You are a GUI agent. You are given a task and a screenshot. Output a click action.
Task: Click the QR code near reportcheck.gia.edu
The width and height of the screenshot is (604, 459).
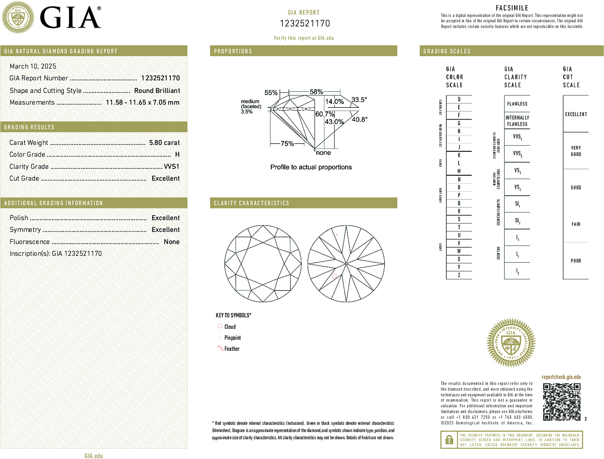click(561, 402)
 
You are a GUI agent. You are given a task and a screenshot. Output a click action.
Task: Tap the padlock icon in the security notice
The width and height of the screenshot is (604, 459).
click(449, 440)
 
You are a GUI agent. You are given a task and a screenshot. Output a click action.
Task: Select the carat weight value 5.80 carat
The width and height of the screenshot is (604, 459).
click(164, 143)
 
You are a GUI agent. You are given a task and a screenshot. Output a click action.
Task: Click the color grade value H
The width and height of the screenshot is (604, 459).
click(177, 155)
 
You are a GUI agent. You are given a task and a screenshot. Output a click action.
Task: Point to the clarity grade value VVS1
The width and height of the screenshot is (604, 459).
click(171, 167)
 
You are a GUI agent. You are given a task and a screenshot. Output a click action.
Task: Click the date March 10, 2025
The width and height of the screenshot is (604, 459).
click(33, 66)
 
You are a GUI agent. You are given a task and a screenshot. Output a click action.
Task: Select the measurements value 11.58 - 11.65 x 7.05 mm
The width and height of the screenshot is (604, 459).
click(143, 103)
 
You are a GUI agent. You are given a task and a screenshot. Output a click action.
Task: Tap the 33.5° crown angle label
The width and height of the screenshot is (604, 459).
click(359, 100)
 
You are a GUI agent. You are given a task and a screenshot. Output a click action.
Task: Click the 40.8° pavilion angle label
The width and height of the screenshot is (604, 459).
click(360, 119)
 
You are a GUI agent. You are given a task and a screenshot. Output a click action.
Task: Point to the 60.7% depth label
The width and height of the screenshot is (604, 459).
click(324, 114)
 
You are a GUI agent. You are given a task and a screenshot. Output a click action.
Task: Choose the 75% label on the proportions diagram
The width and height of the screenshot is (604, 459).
click(287, 144)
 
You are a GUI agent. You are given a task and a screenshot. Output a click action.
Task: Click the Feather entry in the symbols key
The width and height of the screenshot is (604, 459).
click(232, 349)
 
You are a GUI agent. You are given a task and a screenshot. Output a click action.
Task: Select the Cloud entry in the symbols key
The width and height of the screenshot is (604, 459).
click(230, 327)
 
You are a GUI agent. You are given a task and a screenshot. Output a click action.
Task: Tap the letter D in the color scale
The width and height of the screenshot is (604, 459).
click(459, 99)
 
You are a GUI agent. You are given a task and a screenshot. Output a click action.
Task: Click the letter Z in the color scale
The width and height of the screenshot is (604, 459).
click(459, 275)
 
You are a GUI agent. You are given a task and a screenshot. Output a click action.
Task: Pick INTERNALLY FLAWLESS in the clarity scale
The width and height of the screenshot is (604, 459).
click(517, 121)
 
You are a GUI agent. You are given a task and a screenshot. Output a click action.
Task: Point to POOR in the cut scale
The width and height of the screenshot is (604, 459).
click(576, 261)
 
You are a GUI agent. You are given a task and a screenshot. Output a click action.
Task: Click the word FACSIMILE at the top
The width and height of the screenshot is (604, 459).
click(512, 8)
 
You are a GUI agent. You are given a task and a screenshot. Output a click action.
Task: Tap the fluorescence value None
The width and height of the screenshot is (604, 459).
click(172, 242)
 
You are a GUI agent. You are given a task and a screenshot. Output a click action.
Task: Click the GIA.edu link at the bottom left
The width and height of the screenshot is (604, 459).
click(94, 456)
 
